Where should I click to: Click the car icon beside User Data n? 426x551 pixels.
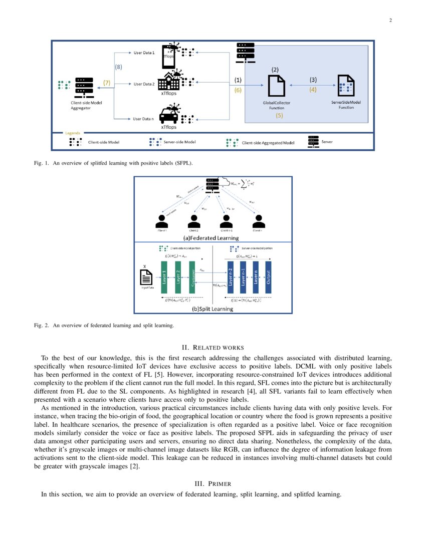coord(168,116)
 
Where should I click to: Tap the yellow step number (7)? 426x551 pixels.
coord(106,83)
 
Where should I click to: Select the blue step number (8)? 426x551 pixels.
coord(119,66)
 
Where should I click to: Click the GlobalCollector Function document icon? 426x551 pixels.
coord(276,86)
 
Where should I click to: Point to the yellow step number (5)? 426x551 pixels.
coord(279,115)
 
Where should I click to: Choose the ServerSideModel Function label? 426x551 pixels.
coord(346,105)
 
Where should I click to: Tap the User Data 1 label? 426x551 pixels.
coord(144,53)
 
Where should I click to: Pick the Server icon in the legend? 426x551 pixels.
coord(313,142)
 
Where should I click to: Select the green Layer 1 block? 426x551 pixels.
coord(163,278)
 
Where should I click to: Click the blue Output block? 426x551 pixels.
coord(268,277)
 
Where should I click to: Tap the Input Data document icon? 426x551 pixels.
coord(145,277)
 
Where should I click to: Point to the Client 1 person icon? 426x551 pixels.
coord(161,221)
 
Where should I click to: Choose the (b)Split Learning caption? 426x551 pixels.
coord(212,309)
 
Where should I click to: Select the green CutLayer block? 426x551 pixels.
coord(191,278)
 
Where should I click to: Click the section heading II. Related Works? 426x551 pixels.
coord(212,347)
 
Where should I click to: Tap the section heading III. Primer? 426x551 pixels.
coord(212,483)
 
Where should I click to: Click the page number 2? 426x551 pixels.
coord(389,21)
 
